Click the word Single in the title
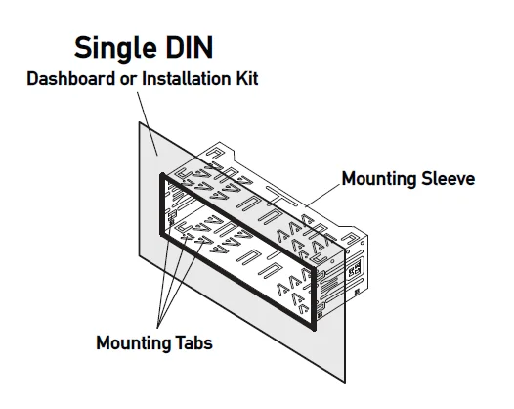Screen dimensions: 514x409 coord(115,49)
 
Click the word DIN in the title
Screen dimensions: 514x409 coord(190,47)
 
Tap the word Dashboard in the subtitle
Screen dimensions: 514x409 coord(71,79)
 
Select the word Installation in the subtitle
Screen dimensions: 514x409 coord(183,79)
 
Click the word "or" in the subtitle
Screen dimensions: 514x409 coord(129,80)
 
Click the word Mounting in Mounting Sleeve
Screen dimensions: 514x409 coord(379,180)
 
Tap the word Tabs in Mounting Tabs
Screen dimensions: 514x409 coord(194,343)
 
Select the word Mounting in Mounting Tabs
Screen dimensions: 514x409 coord(134,344)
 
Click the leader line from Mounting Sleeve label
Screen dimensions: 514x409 coord(322,196)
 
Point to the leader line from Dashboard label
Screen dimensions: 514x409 coord(148,123)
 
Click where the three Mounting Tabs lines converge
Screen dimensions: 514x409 coord(158,327)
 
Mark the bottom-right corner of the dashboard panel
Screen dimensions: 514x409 coord(345,383)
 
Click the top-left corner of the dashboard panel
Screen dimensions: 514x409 coord(139,122)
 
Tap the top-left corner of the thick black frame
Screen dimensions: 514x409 coord(161,174)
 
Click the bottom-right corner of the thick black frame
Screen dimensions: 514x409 coord(314,329)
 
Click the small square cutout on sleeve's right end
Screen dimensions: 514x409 coord(355,268)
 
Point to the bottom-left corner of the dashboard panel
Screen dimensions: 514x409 coord(139,255)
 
